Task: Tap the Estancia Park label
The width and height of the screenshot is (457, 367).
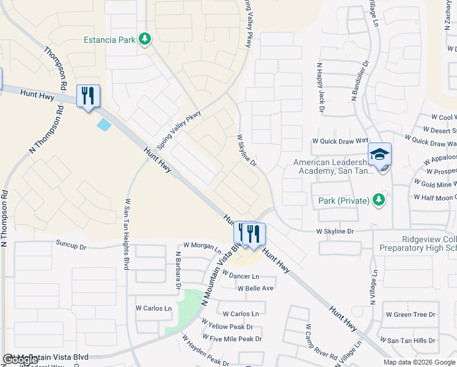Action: pyautogui.click(x=111, y=41)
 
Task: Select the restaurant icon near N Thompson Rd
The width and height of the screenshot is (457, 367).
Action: pyautogui.click(x=89, y=96)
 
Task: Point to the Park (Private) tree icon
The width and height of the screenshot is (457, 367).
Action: pyautogui.click(x=379, y=200)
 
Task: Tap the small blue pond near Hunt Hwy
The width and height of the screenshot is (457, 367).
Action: pyautogui.click(x=104, y=124)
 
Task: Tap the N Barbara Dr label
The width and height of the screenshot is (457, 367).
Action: pyautogui.click(x=178, y=270)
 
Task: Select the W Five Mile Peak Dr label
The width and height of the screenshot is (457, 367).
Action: pyautogui.click(x=233, y=338)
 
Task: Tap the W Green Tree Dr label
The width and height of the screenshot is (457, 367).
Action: pyautogui.click(x=410, y=314)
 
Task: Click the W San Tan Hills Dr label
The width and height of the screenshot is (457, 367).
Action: pyautogui.click(x=409, y=340)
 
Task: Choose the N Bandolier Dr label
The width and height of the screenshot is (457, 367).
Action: pyautogui.click(x=360, y=80)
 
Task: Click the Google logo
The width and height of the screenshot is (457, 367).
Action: pyautogui.click(x=21, y=360)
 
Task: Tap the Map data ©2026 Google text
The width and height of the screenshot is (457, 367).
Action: pyautogui.click(x=419, y=362)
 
